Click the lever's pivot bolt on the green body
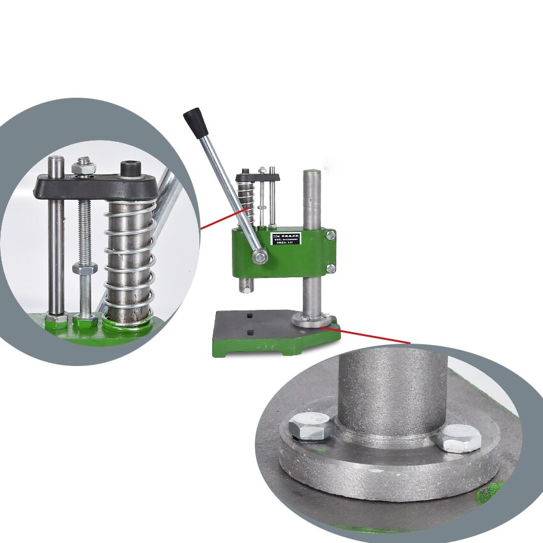[x=259, y=257]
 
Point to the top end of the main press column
[x=312, y=173]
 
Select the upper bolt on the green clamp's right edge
[x=330, y=236]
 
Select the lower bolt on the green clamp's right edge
[x=330, y=269]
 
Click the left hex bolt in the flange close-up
[x=309, y=426]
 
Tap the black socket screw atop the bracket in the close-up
[x=130, y=169]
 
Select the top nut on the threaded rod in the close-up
[x=84, y=168]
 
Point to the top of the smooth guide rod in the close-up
[x=57, y=160]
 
